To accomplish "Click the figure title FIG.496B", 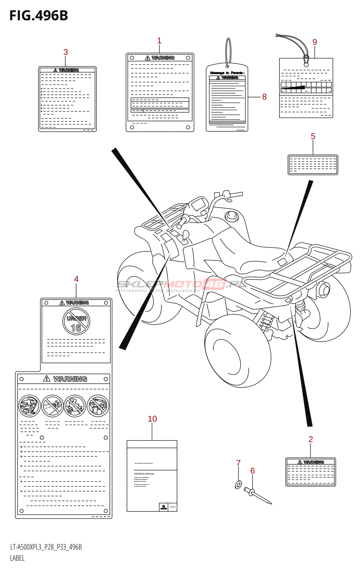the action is coord(39,16).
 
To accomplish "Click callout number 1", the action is coord(159,41).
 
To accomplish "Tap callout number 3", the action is coord(66,52).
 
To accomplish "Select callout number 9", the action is coord(314,42).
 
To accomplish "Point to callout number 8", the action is coord(264,97).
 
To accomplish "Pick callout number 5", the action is coord(313,136).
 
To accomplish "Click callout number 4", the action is coord(76,279).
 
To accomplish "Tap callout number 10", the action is coord(152,419).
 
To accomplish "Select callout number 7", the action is coord(238,463).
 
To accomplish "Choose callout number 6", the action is coord(253,471).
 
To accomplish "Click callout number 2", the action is coord(310,439).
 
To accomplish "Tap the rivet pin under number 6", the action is coord(259,497).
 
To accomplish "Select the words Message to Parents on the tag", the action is coord(227,73).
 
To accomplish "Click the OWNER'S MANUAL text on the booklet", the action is coord(144,474).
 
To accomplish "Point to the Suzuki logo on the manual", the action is coord(163,507).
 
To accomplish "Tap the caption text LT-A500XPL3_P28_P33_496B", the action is coord(46,547).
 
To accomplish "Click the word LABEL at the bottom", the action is coord(17,558).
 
